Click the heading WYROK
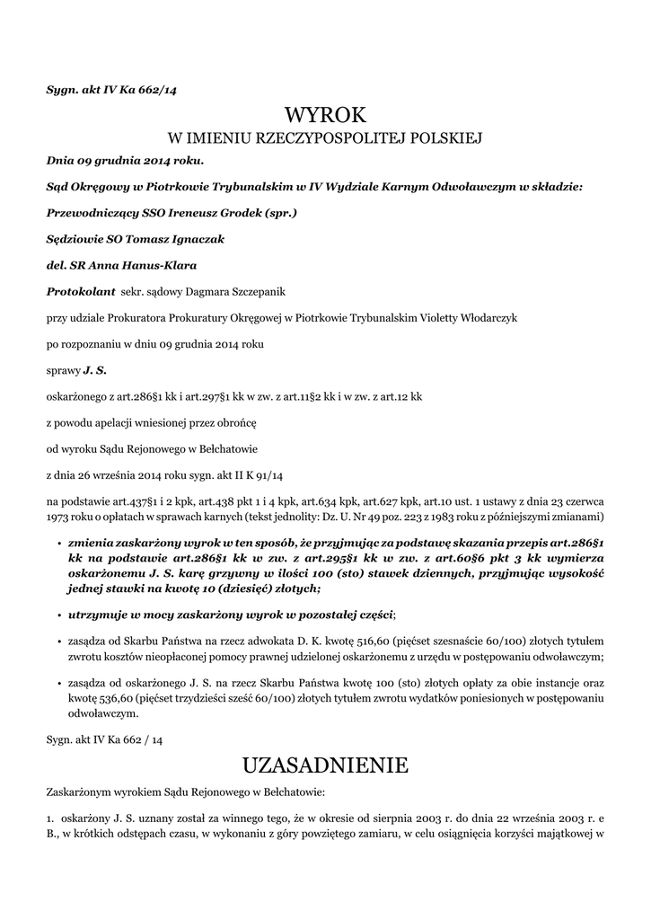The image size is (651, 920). tap(325, 115)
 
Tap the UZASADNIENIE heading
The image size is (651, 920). tap(325, 765)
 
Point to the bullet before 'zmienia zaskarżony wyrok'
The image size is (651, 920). tap(58, 544)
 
